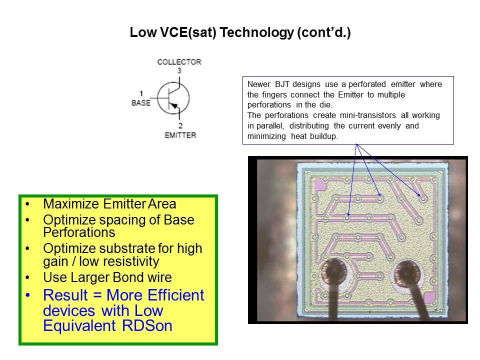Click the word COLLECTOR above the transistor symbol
click(179, 62)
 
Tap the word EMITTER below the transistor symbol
click(180, 135)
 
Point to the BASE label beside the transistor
click(141, 103)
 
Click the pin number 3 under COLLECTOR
click(179, 70)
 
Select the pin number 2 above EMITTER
click(180, 125)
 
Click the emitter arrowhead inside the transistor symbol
click(173, 105)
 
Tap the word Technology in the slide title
click(256, 33)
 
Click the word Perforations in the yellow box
click(79, 232)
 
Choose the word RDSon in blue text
click(147, 325)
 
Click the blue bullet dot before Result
click(28, 295)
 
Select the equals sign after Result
click(97, 295)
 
